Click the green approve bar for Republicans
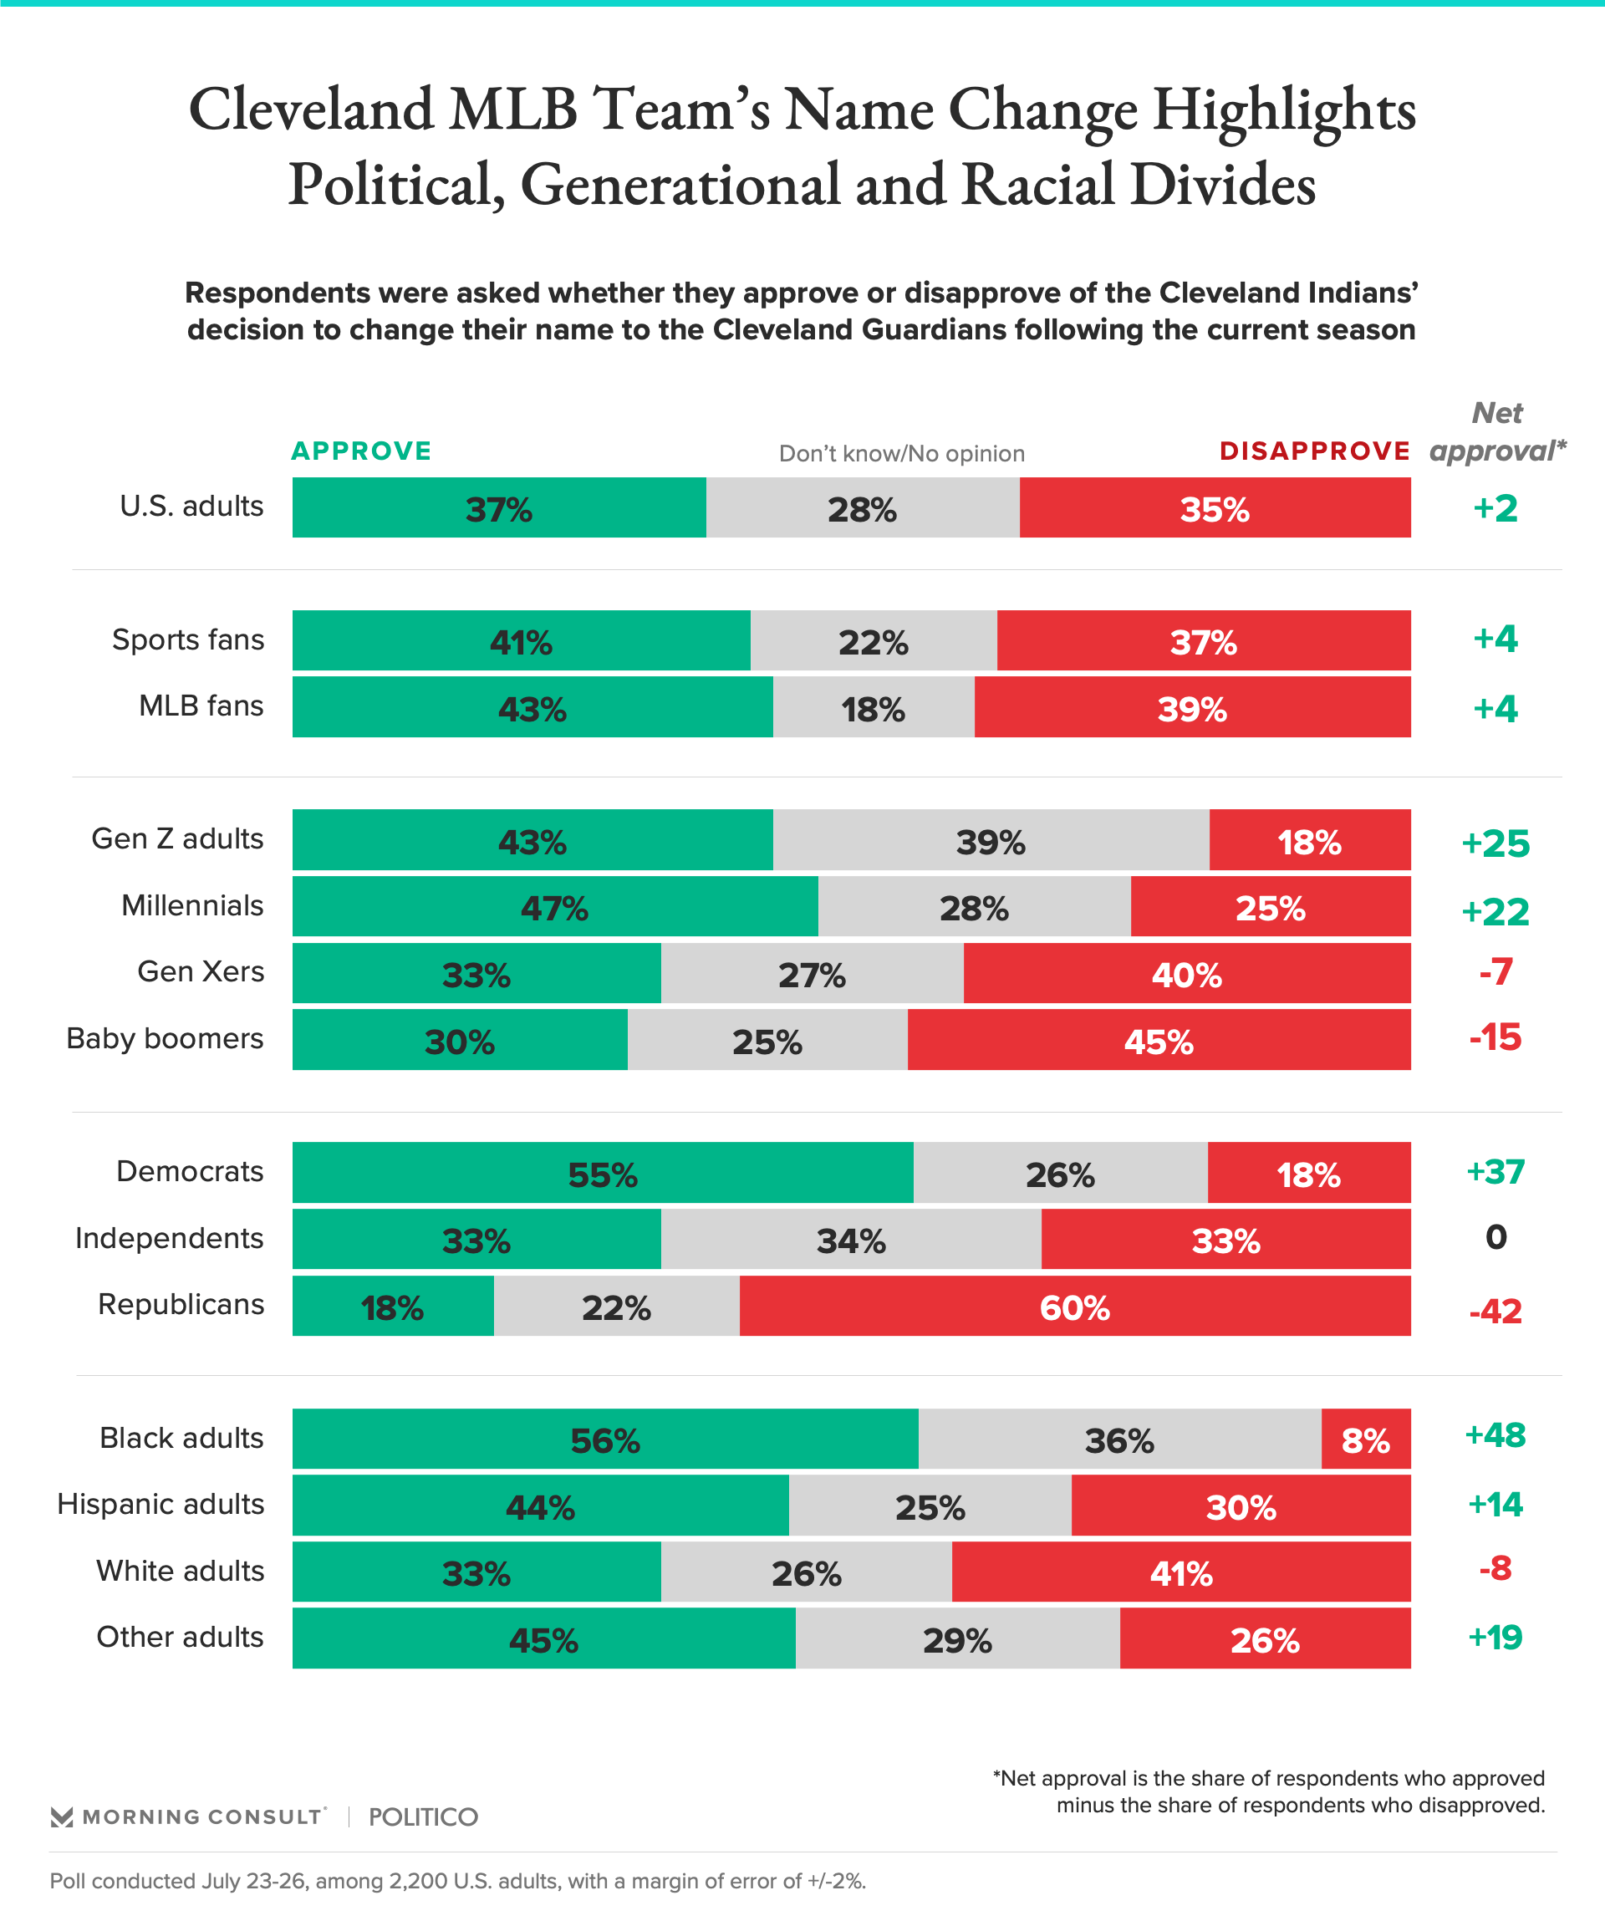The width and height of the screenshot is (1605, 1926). pos(393,1305)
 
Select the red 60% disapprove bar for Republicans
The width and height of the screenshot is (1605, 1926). pos(1074,1305)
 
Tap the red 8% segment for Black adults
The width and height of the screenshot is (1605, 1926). pos(1365,1438)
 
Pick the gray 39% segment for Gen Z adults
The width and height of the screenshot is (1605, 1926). pos(991,839)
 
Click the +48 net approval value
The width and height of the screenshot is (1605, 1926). pos(1495,1435)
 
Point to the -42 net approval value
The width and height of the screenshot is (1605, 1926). pos(1495,1311)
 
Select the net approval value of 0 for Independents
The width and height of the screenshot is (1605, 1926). pos(1495,1237)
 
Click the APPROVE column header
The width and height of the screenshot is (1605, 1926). pos(361,451)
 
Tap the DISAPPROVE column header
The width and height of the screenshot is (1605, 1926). pos(1314,451)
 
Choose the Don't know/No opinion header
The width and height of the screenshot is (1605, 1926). pos(900,454)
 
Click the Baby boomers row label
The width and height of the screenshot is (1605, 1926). pos(165,1038)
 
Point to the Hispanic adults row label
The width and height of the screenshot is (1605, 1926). pos(160,1504)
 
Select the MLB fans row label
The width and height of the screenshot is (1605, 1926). pos(201,706)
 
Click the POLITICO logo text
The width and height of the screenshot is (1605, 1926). pos(423,1816)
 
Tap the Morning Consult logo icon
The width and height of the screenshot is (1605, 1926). pos(62,1816)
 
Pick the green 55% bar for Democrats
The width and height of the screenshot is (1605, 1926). pos(602,1172)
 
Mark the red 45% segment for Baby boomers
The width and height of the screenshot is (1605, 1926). pos(1159,1039)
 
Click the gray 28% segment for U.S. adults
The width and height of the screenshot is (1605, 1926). pos(862,507)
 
